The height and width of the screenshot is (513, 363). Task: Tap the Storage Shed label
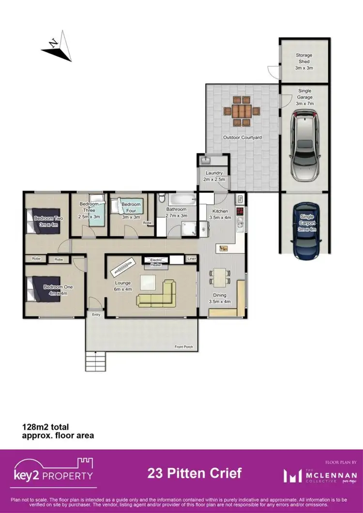pyautogui.click(x=304, y=61)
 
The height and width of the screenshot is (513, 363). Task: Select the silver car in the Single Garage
pyautogui.click(x=304, y=144)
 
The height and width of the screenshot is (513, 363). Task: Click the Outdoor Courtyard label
pyautogui.click(x=242, y=138)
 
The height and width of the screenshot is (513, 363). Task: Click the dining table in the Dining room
pyautogui.click(x=220, y=277)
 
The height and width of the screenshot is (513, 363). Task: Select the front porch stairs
pyautogui.click(x=96, y=361)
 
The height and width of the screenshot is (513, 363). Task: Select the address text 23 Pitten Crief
pyautogui.click(x=195, y=473)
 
